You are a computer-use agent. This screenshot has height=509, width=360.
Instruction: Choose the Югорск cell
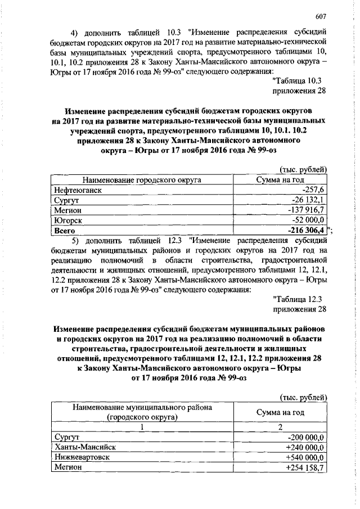68,220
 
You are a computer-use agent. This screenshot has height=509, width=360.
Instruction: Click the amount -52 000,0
309,220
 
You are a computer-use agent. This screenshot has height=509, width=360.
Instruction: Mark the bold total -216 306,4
306,230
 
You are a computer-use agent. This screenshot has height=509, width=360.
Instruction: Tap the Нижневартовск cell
82,457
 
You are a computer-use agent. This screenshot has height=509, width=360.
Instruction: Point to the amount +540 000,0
306,457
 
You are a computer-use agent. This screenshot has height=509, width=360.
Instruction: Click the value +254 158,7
306,467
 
